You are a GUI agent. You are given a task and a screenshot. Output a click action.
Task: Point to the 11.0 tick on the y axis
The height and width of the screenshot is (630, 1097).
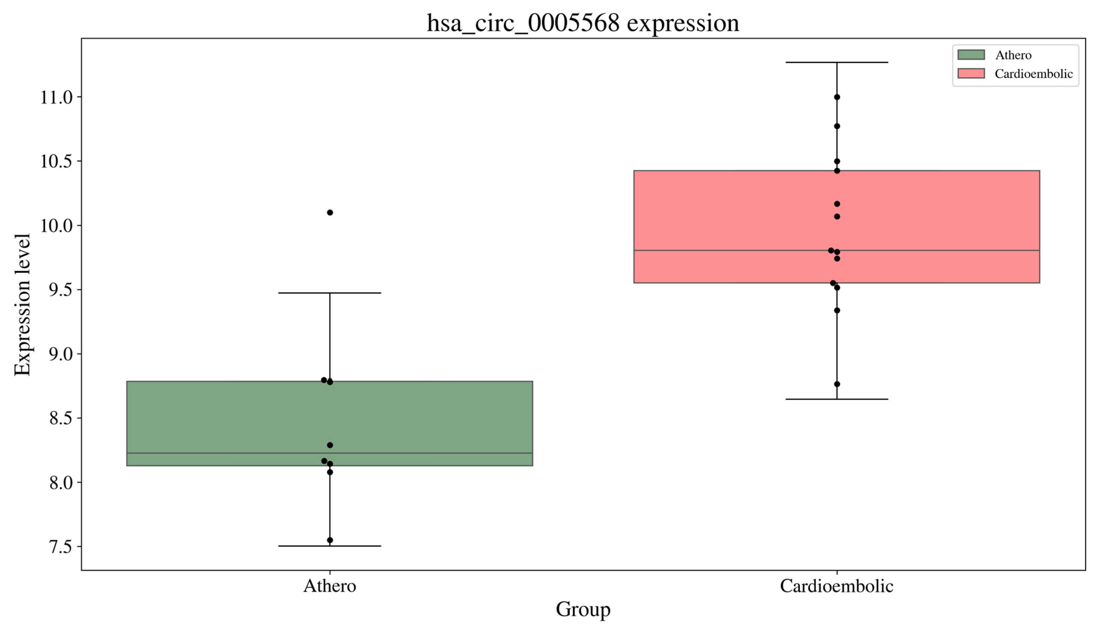(56, 97)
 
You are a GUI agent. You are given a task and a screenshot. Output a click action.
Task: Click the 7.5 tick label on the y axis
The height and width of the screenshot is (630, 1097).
(61, 547)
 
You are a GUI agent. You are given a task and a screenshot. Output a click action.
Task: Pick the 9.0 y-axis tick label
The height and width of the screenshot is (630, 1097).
(61, 354)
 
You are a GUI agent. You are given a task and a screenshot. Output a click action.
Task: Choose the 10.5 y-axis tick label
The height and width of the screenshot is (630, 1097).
(56, 161)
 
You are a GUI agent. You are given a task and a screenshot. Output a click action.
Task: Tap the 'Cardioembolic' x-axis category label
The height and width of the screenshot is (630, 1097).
(836, 586)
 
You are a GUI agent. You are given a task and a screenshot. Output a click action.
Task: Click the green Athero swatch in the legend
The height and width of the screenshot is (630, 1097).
(971, 55)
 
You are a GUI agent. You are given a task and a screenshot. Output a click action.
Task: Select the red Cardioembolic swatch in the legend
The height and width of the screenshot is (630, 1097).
(971, 74)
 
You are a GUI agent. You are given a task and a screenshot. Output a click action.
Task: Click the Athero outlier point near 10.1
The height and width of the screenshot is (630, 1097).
(330, 212)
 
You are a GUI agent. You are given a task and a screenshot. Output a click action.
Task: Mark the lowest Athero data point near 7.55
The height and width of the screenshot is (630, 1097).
(330, 540)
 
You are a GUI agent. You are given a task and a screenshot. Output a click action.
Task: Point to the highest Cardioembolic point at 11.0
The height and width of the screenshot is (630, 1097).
(837, 97)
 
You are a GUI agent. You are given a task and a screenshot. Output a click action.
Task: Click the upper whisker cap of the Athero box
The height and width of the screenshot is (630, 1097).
(330, 293)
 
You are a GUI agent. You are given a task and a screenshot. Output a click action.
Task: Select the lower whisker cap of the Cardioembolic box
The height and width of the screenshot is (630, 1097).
(837, 399)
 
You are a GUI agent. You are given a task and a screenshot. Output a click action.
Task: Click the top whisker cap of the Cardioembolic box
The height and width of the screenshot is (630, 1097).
(837, 62)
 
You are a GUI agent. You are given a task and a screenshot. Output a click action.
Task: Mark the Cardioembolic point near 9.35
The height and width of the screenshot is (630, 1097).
(837, 310)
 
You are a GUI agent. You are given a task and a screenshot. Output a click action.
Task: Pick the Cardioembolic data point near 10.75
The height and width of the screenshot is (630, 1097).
(837, 126)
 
